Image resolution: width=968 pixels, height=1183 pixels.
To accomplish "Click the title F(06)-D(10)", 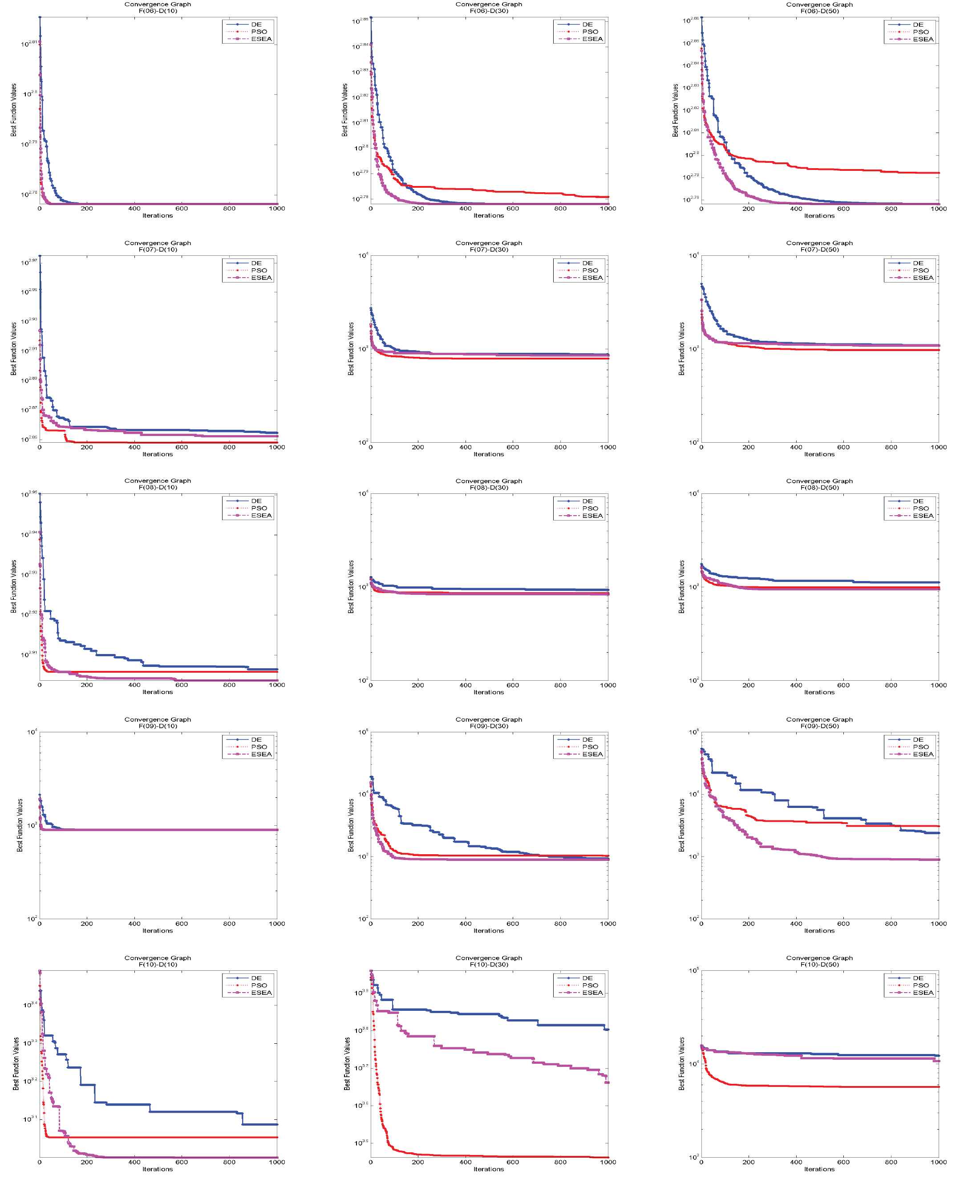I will [x=158, y=11].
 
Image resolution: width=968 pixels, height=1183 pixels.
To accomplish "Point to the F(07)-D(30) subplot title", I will [x=489, y=249].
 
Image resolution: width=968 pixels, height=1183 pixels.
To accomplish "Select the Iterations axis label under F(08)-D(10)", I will [x=158, y=692].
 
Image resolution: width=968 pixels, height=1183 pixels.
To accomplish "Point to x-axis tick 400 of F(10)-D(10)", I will [x=134, y=1162].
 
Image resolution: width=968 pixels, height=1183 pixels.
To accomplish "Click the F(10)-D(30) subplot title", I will [x=489, y=965].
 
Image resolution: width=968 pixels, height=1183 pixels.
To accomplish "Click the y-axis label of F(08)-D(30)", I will [x=351, y=586].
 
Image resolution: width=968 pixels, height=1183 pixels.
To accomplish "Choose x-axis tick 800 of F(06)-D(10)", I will [x=229, y=209].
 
